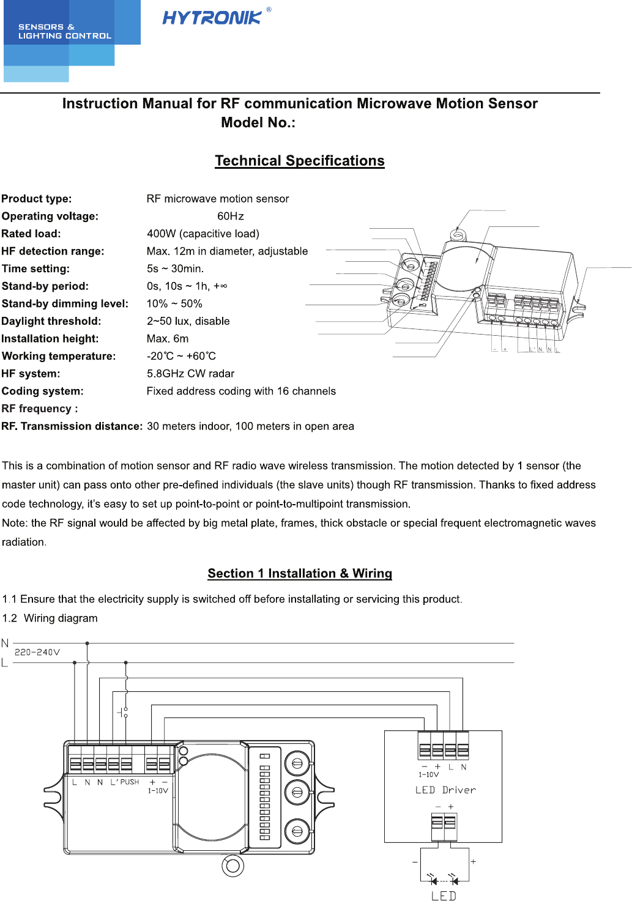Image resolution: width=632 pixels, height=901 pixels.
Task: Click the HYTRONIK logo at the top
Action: tap(212, 18)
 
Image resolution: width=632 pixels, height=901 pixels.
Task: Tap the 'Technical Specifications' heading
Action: tap(300, 161)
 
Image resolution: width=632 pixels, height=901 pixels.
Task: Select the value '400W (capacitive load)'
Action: tap(203, 234)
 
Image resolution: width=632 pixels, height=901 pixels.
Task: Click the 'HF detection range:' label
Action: tap(53, 251)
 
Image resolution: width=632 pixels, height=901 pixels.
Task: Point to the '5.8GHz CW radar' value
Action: tap(190, 374)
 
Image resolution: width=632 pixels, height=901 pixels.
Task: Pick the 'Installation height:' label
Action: tap(50, 339)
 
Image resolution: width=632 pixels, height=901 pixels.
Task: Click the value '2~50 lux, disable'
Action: tap(188, 321)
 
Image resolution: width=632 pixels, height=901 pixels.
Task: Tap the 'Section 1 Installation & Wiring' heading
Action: tap(300, 573)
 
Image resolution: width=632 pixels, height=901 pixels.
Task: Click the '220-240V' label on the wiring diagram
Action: tap(37, 652)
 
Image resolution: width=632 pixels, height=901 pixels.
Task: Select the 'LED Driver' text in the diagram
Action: tap(445, 790)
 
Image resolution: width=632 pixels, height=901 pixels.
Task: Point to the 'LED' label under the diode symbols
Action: tap(444, 895)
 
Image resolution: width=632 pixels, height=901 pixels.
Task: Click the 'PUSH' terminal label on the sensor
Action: tap(130, 782)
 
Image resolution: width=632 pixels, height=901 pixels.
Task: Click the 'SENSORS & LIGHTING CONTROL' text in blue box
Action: tap(65, 31)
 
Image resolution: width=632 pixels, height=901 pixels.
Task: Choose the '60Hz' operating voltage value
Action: tap(231, 217)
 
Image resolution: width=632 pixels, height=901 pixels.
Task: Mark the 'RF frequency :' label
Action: tap(40, 409)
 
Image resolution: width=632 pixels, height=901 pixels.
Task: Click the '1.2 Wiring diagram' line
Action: tap(50, 618)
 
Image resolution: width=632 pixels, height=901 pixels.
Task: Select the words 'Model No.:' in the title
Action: tap(258, 123)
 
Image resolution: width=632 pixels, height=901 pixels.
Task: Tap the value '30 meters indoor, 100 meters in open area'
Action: tap(250, 426)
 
